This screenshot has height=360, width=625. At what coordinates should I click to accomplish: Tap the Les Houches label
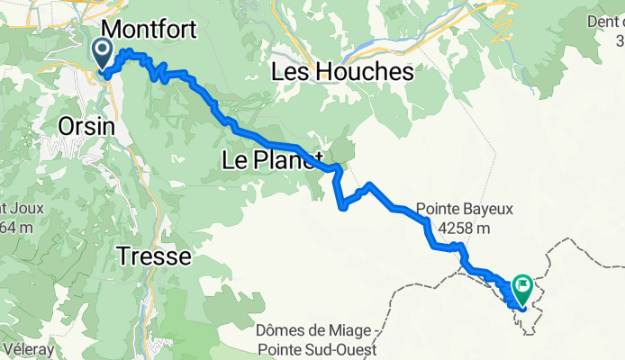coord(342,72)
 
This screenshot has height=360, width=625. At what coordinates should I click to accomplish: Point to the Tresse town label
coord(154,257)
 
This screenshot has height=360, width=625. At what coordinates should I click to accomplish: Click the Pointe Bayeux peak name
coord(464,209)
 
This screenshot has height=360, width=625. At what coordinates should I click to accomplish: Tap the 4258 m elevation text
coord(463,229)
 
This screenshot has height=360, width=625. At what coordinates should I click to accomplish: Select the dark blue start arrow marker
coord(101,51)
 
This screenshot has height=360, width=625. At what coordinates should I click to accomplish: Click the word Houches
coord(363,72)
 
